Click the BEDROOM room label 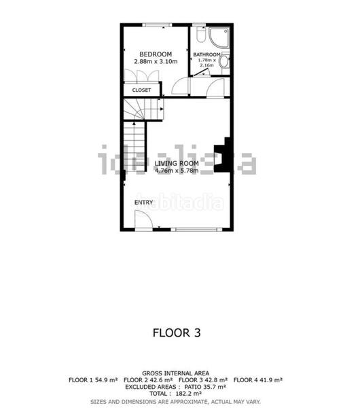tap(156, 54)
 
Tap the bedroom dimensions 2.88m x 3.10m tap(156, 62)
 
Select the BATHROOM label tap(206, 54)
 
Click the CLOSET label tap(141, 90)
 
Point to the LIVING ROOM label tap(176, 163)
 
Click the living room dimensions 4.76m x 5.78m tap(176, 171)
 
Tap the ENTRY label tap(143, 202)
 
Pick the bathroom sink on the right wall tap(224, 61)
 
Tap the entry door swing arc tap(143, 220)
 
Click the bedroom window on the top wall tap(156, 25)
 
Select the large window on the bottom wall tap(200, 230)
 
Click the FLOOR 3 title tap(176, 333)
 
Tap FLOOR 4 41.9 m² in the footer tap(258, 379)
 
